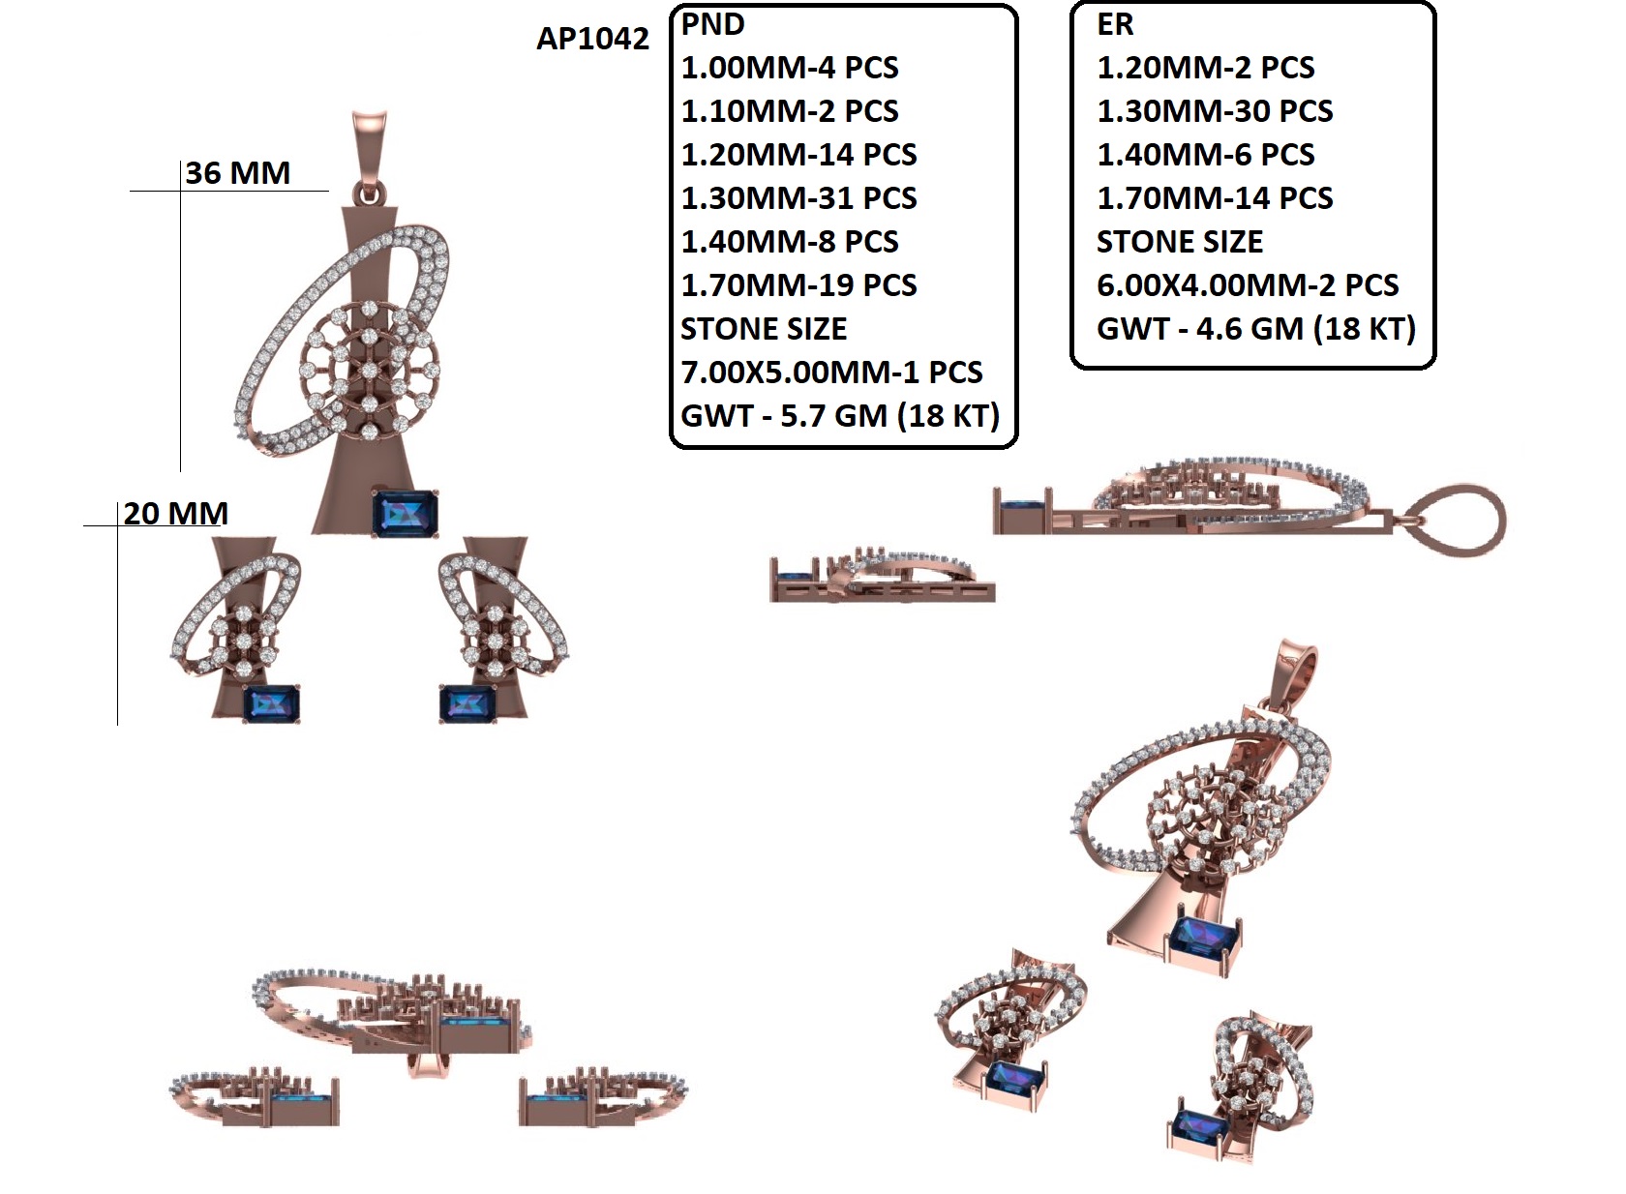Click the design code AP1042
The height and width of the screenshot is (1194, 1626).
point(592,39)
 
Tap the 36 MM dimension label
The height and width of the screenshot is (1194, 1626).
point(237,173)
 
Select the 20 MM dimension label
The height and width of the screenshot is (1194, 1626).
point(175,513)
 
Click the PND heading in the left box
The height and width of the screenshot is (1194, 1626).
point(713,24)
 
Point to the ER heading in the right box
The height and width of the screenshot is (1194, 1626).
point(1115,24)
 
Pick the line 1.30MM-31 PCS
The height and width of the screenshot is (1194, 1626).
point(798,198)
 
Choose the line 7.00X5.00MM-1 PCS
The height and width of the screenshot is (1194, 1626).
point(831,373)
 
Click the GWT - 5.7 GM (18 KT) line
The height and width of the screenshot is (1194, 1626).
point(840,416)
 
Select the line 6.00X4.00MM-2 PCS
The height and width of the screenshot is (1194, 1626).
point(1248,285)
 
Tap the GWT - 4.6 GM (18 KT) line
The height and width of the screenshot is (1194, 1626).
point(1256,329)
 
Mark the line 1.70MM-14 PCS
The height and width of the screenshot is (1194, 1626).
point(1215,198)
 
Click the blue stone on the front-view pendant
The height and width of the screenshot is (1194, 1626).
point(406,513)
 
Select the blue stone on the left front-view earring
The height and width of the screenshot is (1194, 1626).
point(271,703)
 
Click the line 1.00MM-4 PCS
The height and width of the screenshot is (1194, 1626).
point(790,68)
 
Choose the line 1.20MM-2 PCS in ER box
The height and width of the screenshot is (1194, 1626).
point(1206,68)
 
